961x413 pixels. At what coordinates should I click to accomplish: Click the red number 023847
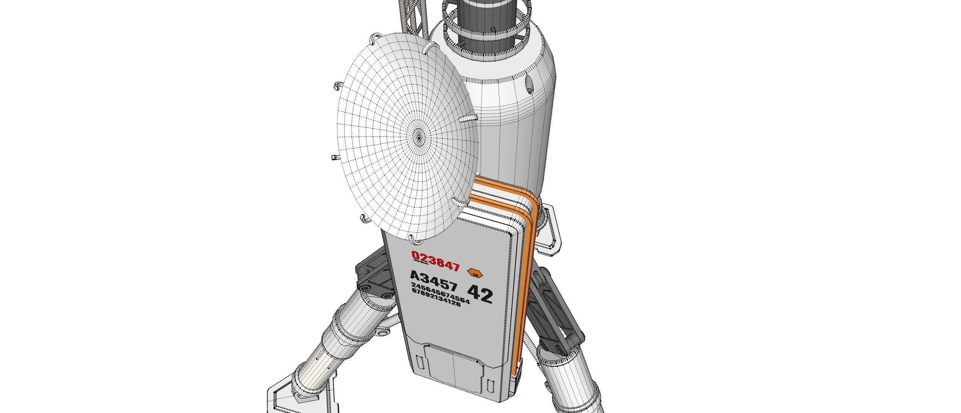click(x=435, y=261)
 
